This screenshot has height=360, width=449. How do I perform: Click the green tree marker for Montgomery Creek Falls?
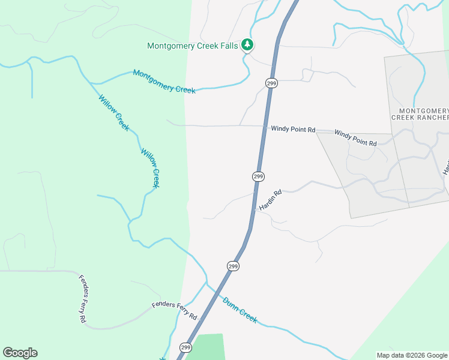247,45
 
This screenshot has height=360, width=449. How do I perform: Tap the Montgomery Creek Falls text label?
193,46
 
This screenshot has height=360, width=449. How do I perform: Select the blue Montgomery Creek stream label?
164,82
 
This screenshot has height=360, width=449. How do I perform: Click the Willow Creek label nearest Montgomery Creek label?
113,113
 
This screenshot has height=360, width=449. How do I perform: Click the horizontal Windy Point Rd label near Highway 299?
293,129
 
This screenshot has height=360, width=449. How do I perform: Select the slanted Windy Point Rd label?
355,137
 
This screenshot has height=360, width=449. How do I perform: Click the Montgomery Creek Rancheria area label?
424,114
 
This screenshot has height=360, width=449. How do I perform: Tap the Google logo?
20,353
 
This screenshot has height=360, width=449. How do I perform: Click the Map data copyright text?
412,355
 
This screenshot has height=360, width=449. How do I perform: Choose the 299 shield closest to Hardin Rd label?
258,176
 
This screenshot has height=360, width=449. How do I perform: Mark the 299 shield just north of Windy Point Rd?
271,83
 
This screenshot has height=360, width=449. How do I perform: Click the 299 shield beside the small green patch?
185,347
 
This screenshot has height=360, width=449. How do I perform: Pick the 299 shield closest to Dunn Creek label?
234,266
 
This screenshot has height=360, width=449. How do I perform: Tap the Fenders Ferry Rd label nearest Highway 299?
175,310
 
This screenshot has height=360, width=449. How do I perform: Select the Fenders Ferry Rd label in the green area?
83,300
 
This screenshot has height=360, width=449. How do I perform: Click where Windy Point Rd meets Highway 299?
264,126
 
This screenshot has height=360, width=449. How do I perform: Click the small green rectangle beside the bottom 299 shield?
209,347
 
